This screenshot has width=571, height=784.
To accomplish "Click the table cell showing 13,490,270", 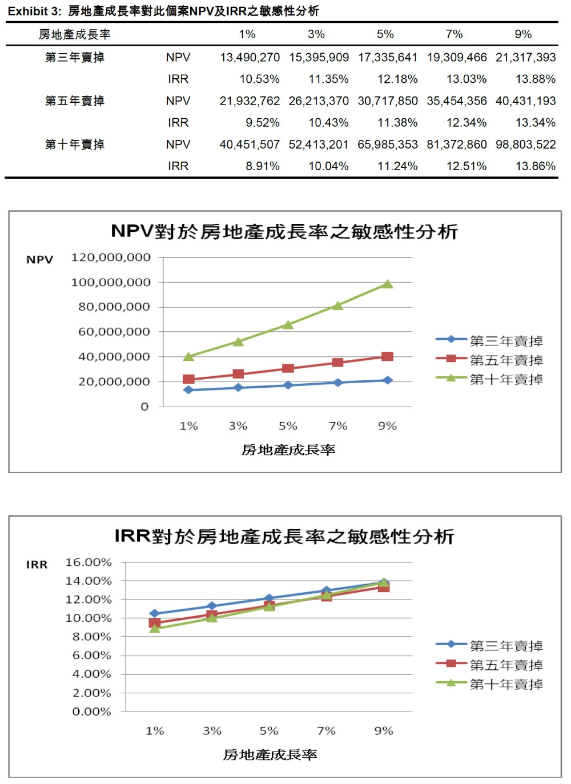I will point(250,58).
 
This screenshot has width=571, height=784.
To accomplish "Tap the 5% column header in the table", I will point(385,34).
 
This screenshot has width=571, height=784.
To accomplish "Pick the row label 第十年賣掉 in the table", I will point(75,144).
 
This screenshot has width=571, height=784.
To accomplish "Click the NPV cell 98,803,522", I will point(525,144).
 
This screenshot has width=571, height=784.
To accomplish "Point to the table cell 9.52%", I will point(263,123).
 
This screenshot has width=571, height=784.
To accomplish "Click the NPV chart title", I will point(284,231).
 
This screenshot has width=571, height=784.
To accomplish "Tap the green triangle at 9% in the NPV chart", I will point(387,284).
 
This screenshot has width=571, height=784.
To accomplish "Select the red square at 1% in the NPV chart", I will point(188,379).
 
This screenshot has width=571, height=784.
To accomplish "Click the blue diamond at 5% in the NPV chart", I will point(288,385).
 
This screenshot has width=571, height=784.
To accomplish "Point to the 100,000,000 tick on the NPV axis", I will point(111,282).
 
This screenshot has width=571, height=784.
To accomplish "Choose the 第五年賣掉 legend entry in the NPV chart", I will point(506,360).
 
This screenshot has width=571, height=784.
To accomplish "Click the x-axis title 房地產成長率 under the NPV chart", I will point(288,450).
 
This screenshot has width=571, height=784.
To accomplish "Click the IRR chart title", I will point(284,536).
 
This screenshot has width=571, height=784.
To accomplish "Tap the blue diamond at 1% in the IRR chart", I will point(154,613).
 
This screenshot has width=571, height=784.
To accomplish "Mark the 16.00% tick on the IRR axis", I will point(89,562).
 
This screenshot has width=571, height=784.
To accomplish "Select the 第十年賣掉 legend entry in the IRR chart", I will point(506,684).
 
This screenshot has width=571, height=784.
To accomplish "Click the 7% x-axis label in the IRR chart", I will point(326,731).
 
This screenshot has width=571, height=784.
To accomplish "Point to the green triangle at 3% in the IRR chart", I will point(212,617).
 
